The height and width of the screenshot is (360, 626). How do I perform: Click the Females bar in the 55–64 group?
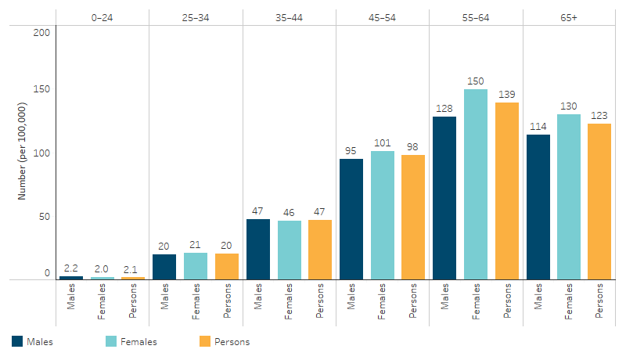[x=476, y=184]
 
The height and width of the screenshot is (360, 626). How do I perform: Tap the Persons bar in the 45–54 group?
[x=413, y=217]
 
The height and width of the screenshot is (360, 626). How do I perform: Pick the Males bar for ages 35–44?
[x=258, y=249]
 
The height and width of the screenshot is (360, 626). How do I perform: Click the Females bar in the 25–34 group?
[x=196, y=265]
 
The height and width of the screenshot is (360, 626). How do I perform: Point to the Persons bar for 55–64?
[x=507, y=191]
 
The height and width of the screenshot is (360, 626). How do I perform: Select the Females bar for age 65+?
[x=569, y=196]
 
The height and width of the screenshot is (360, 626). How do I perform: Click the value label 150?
[x=476, y=81]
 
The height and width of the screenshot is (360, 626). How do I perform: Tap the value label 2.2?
[x=71, y=268]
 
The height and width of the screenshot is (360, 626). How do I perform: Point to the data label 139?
[x=507, y=94]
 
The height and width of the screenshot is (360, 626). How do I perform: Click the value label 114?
[x=538, y=126]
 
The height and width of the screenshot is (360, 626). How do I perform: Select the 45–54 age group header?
[x=383, y=16]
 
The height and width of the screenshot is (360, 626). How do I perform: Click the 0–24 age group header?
[x=102, y=16]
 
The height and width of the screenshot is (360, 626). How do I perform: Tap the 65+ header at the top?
[x=569, y=16]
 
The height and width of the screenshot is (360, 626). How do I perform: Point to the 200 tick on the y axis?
[x=42, y=32]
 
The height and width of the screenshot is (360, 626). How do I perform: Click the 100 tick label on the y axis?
[x=42, y=153]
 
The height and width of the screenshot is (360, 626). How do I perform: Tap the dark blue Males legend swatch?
[x=17, y=341]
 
